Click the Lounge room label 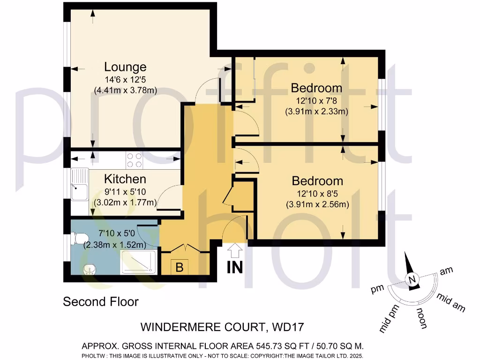(125, 67)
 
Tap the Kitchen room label (125, 179)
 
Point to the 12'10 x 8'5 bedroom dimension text (317, 193)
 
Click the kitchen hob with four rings (135, 160)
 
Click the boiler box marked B (179, 267)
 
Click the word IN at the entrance (235, 268)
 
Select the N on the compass (412, 280)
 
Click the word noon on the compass (420, 318)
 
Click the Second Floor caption (101, 301)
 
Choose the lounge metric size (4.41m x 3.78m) (125, 90)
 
